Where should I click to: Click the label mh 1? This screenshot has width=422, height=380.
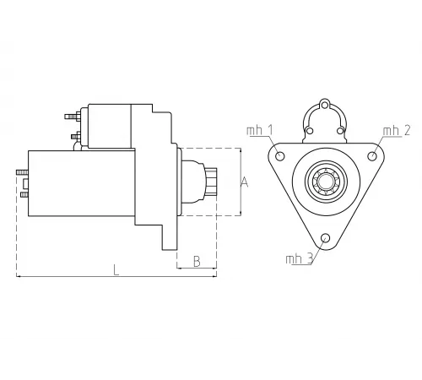pyautogui.click(x=259, y=130)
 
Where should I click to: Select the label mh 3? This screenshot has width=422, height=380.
pyautogui.click(x=299, y=258)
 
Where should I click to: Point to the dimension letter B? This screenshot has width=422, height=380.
pyautogui.click(x=196, y=261)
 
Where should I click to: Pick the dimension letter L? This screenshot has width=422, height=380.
pyautogui.click(x=116, y=270)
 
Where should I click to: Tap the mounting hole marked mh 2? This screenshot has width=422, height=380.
pyautogui.click(x=373, y=156)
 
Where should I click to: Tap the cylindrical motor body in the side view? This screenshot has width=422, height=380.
pyautogui.click(x=80, y=185)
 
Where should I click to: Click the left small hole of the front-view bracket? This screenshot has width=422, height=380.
pyautogui.click(x=310, y=131)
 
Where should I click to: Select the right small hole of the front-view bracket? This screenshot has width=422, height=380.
pyautogui.click(x=341, y=131)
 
